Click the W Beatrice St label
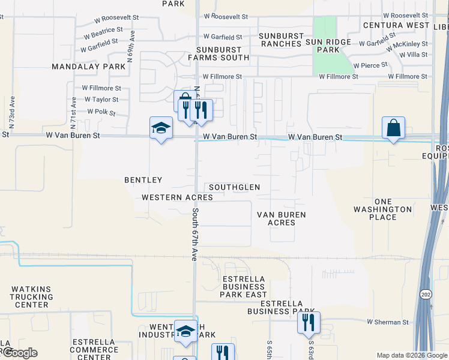tap(108, 29)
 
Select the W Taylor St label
tap(101, 100)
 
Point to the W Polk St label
tap(101, 112)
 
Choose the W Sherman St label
tap(388, 322)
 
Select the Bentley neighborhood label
tap(143, 180)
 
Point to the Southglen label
tap(235, 187)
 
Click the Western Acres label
tap(177, 197)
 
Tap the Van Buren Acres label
tap(282, 218)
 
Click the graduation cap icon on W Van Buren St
tap(160, 128)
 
